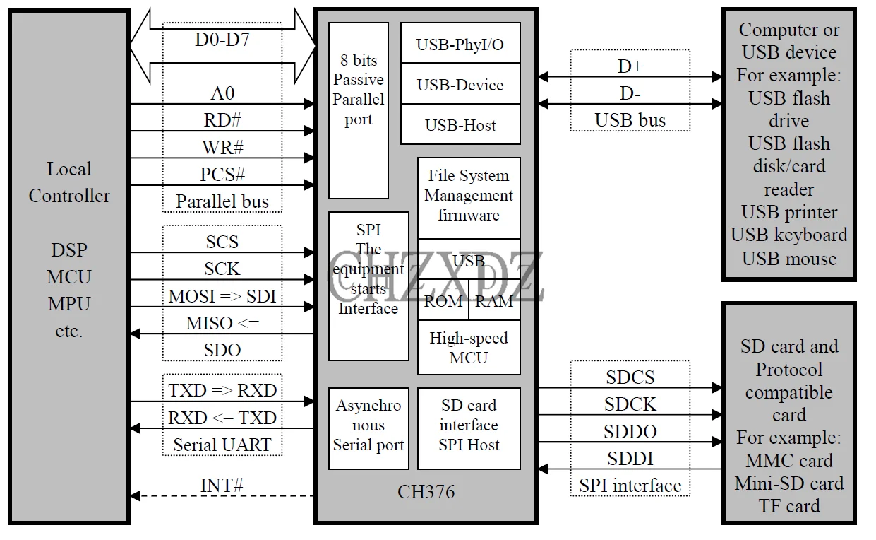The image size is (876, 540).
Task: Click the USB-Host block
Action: (x=460, y=125)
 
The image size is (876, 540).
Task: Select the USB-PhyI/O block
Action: (x=460, y=44)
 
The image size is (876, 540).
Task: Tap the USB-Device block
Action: (x=460, y=85)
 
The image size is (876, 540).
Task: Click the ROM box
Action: (x=443, y=302)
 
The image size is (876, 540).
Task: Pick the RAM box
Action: (x=494, y=302)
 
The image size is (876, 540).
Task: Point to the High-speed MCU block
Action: (x=469, y=348)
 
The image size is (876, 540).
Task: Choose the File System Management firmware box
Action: (x=469, y=196)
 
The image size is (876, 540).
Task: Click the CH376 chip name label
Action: (x=426, y=491)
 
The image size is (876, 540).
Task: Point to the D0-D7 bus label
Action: (x=222, y=40)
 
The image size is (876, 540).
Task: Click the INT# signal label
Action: (x=222, y=486)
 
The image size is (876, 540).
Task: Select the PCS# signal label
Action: (x=222, y=174)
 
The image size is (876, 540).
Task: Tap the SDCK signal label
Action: (x=630, y=404)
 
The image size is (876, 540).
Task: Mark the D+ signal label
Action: (x=630, y=66)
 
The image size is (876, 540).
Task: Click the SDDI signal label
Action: (x=630, y=459)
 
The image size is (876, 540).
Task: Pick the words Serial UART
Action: (x=222, y=445)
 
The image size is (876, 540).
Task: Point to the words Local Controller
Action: (x=69, y=182)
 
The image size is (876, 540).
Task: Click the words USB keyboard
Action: (x=789, y=235)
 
